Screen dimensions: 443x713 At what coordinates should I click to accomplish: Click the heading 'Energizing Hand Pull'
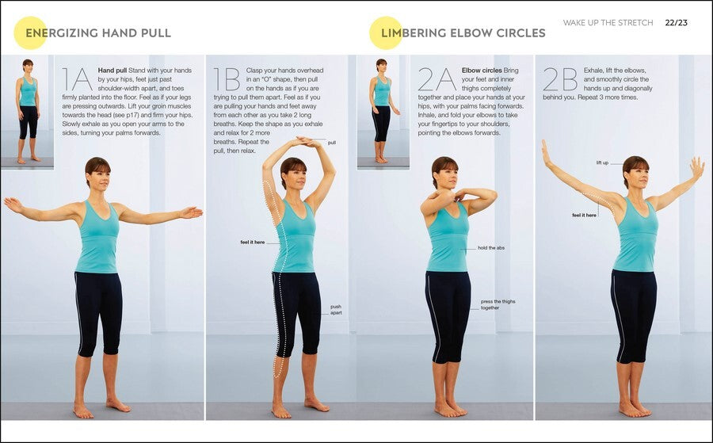tap(98, 33)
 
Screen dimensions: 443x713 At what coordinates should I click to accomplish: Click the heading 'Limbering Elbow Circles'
tap(463, 33)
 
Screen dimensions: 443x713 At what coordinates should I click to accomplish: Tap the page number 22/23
tap(676, 22)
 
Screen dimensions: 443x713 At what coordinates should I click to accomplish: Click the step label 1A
tap(78, 80)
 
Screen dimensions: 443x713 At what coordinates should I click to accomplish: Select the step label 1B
tap(227, 80)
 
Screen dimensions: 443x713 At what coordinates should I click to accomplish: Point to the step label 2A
tap(437, 80)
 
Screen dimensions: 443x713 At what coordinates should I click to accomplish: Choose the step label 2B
tap(559, 80)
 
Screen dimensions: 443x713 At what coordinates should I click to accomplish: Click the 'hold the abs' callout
tap(491, 248)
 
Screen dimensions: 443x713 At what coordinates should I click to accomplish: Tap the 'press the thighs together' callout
tap(497, 304)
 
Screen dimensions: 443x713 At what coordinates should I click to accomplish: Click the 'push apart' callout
tap(336, 309)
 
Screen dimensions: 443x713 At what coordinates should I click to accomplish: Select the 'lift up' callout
tap(603, 162)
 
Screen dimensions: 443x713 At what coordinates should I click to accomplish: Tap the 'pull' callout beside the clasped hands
tap(331, 143)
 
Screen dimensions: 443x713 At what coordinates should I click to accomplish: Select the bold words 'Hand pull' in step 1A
tap(112, 70)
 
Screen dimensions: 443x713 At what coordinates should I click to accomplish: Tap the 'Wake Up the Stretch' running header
tap(608, 23)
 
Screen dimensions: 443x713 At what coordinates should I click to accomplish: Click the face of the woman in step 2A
tap(445, 174)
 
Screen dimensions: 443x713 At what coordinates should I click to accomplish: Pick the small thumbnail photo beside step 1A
tap(28, 112)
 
